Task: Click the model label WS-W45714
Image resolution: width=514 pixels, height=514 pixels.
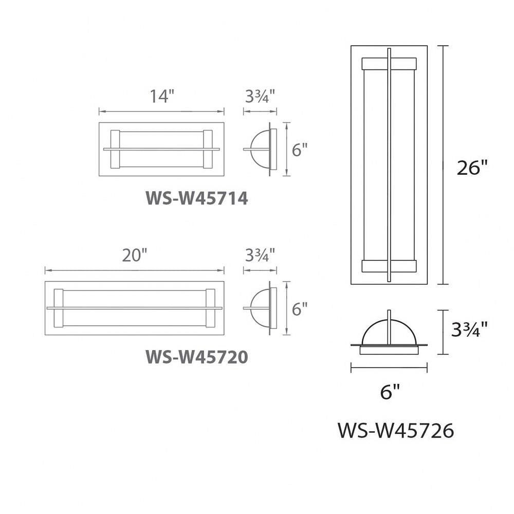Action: pyautogui.click(x=197, y=198)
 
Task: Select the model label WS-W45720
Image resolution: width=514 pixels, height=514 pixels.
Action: pyautogui.click(x=197, y=357)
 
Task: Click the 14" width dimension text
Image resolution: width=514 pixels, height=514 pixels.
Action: pyautogui.click(x=161, y=96)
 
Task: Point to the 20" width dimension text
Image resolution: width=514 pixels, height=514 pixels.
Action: pyautogui.click(x=134, y=255)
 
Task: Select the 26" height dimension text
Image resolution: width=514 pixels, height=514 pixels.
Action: pyautogui.click(x=472, y=168)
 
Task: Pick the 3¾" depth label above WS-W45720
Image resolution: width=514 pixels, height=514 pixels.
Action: pyautogui.click(x=260, y=255)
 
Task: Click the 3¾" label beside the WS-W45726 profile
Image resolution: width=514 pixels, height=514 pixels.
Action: pyautogui.click(x=469, y=329)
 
